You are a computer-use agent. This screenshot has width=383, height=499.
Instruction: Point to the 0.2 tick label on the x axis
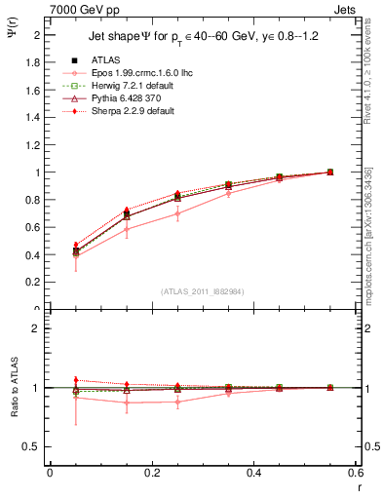point(151,473)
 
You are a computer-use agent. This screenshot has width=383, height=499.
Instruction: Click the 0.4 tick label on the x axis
point(253,473)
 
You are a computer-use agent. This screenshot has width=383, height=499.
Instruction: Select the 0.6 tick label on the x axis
point(355,473)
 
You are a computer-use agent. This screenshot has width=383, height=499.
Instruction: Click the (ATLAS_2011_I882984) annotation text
point(203,291)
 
